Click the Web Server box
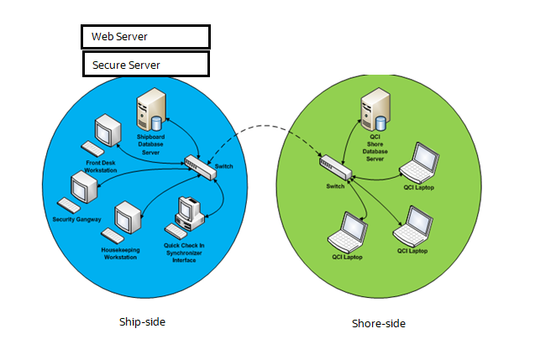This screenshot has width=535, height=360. (x=145, y=36)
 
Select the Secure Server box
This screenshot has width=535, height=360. (x=145, y=64)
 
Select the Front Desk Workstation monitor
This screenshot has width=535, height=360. (x=109, y=130)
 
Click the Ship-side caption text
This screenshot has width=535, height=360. (x=137, y=321)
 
